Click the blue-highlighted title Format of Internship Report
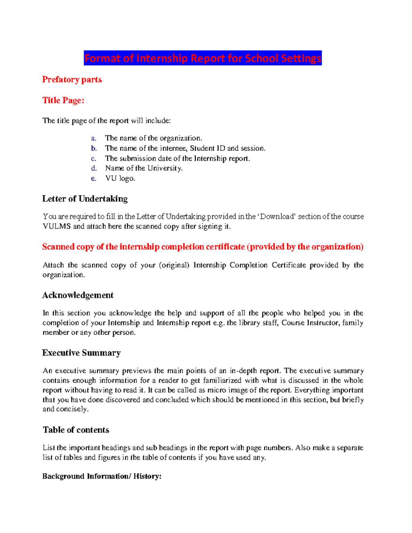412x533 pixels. (x=203, y=58)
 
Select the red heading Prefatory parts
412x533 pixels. (x=72, y=80)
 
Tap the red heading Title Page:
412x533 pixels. (x=63, y=100)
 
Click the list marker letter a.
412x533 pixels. (x=93, y=138)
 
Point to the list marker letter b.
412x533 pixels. (x=94, y=148)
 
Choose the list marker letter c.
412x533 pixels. (x=93, y=159)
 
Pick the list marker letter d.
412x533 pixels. (x=94, y=168)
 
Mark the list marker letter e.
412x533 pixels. (x=93, y=178)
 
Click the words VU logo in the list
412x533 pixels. (x=120, y=178)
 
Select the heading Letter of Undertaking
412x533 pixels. (x=85, y=199)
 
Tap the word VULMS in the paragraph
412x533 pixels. (x=57, y=227)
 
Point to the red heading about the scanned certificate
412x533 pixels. (x=203, y=247)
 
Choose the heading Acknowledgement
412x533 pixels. (x=78, y=295)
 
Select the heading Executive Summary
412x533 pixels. (x=81, y=353)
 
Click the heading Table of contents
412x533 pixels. (x=76, y=430)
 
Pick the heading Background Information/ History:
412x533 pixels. (x=102, y=476)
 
